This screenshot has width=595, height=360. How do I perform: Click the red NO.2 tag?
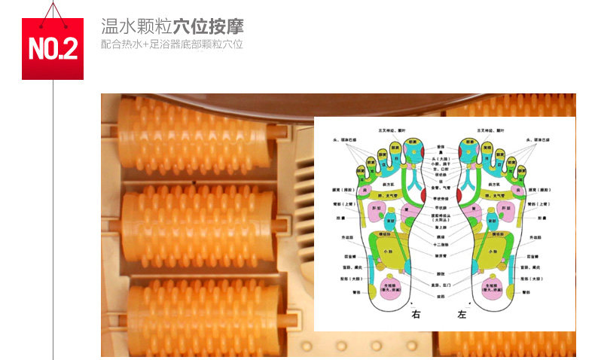point(52,49)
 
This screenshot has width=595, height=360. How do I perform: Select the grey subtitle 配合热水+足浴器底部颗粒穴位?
point(172,44)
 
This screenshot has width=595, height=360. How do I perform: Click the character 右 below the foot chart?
point(415,314)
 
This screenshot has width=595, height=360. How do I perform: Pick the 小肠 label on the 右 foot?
point(389,252)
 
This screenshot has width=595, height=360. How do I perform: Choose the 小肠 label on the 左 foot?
point(492,252)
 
